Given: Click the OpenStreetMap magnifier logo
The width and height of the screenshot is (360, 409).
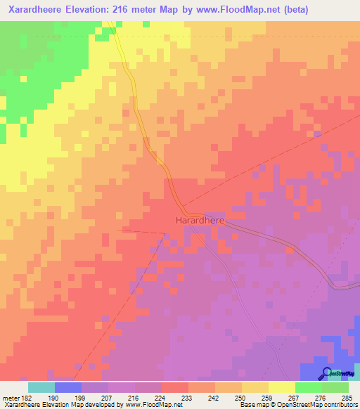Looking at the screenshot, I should pos(326,373).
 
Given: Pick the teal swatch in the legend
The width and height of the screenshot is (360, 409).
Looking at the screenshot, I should pos(41,387).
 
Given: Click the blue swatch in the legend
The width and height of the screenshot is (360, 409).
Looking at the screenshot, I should pos(68,387).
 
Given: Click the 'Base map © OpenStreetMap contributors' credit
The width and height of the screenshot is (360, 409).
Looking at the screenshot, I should pos(297,405).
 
